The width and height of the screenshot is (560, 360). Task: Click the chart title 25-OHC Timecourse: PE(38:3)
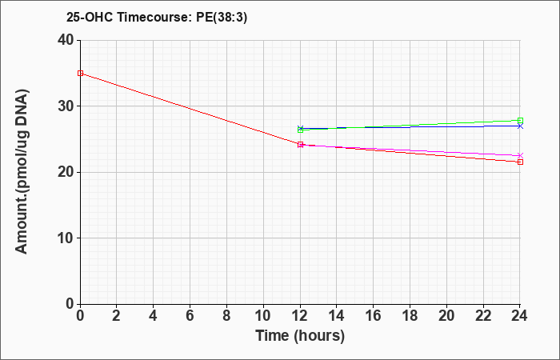157,18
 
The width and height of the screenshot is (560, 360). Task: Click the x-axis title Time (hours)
300,336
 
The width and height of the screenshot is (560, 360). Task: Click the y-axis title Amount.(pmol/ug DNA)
22,172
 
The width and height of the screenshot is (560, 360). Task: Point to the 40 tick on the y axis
66,40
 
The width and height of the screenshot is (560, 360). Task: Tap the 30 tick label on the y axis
66,106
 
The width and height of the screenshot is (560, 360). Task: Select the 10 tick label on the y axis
66,238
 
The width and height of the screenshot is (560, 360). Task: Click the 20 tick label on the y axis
66,172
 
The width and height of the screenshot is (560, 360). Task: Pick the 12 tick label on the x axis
300,316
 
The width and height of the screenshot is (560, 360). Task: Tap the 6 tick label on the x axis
190,316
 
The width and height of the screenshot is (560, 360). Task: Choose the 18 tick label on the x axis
410,316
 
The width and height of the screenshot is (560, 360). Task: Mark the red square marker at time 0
80,74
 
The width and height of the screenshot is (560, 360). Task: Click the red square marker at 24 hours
520,162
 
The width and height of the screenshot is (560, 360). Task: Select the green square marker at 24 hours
520,121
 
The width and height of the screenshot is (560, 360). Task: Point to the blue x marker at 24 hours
520,126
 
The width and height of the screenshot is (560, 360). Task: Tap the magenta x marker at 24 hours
520,156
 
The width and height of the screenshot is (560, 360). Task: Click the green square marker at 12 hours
300,130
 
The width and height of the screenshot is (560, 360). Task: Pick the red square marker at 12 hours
300,145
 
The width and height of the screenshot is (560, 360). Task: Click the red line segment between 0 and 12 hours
190,109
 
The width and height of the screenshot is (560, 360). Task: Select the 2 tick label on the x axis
117,316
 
